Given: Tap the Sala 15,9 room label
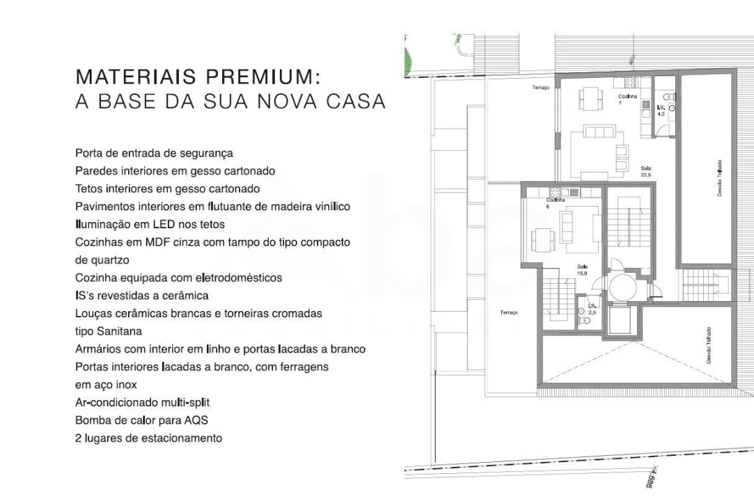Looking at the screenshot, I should click(582, 269).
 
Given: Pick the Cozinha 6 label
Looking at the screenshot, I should click(555, 202).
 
